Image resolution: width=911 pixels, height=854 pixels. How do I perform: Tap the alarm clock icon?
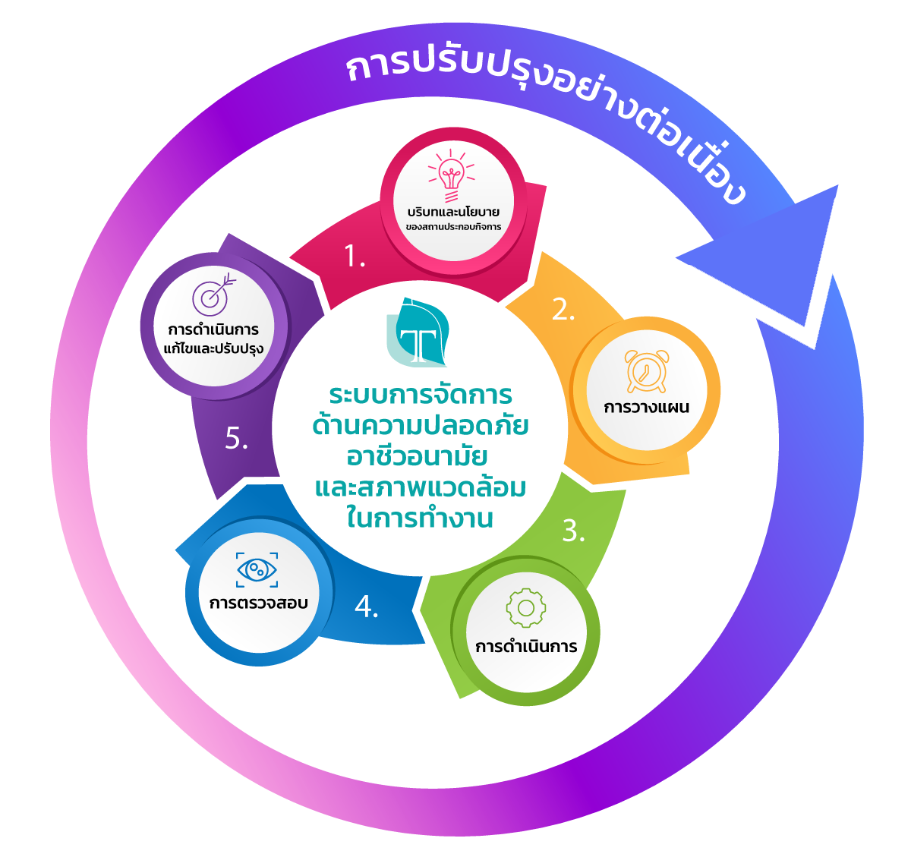pyautogui.click(x=647, y=371)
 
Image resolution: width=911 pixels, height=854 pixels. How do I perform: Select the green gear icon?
pyautogui.click(x=525, y=608)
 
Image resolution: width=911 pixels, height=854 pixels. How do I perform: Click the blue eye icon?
pyautogui.click(x=257, y=569)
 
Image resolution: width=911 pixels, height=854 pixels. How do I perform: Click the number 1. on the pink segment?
pyautogui.click(x=355, y=257)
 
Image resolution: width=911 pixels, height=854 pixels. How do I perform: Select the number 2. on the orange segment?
pyautogui.click(x=563, y=310)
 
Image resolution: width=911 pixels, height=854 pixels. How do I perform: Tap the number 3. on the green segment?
pyautogui.click(x=573, y=531)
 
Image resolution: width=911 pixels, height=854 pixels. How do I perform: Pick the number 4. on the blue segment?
pyautogui.click(x=366, y=607)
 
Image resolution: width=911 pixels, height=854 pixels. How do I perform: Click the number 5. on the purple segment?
pyautogui.click(x=237, y=439)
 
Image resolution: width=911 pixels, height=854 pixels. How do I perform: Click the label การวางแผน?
pyautogui.click(x=647, y=408)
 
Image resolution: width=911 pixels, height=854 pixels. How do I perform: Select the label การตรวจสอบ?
pyautogui.click(x=258, y=603)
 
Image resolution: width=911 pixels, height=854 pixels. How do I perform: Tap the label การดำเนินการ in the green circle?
pyautogui.click(x=526, y=648)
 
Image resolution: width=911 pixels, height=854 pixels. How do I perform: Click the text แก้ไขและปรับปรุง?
pyautogui.click(x=213, y=349)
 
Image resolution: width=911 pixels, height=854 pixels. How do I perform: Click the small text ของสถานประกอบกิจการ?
pyautogui.click(x=453, y=227)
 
